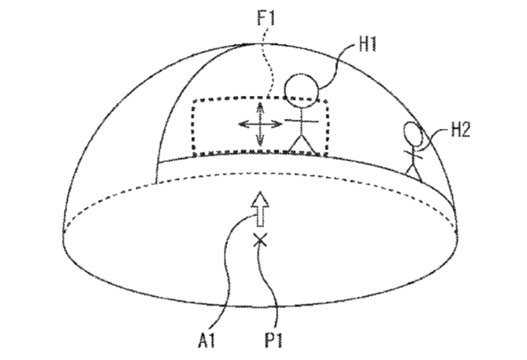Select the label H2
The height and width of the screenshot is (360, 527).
tap(461, 130)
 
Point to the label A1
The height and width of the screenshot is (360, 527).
tap(207, 340)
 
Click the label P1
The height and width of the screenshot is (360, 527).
tap(274, 340)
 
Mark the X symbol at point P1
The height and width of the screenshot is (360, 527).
tap(260, 241)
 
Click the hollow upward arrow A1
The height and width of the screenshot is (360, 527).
tap(260, 209)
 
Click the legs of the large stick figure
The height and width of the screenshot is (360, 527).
tap(302, 145)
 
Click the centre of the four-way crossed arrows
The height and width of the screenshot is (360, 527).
tap(260, 124)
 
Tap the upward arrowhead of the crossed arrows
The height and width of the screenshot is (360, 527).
tap(260, 108)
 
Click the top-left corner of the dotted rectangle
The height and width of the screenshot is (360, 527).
tap(194, 100)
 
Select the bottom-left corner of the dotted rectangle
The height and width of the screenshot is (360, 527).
tap(194, 155)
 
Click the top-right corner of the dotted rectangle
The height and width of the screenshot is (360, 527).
tap(326, 100)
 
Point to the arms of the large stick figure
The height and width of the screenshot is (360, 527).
tap(302, 121)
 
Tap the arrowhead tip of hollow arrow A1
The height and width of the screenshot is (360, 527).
tap(260, 191)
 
